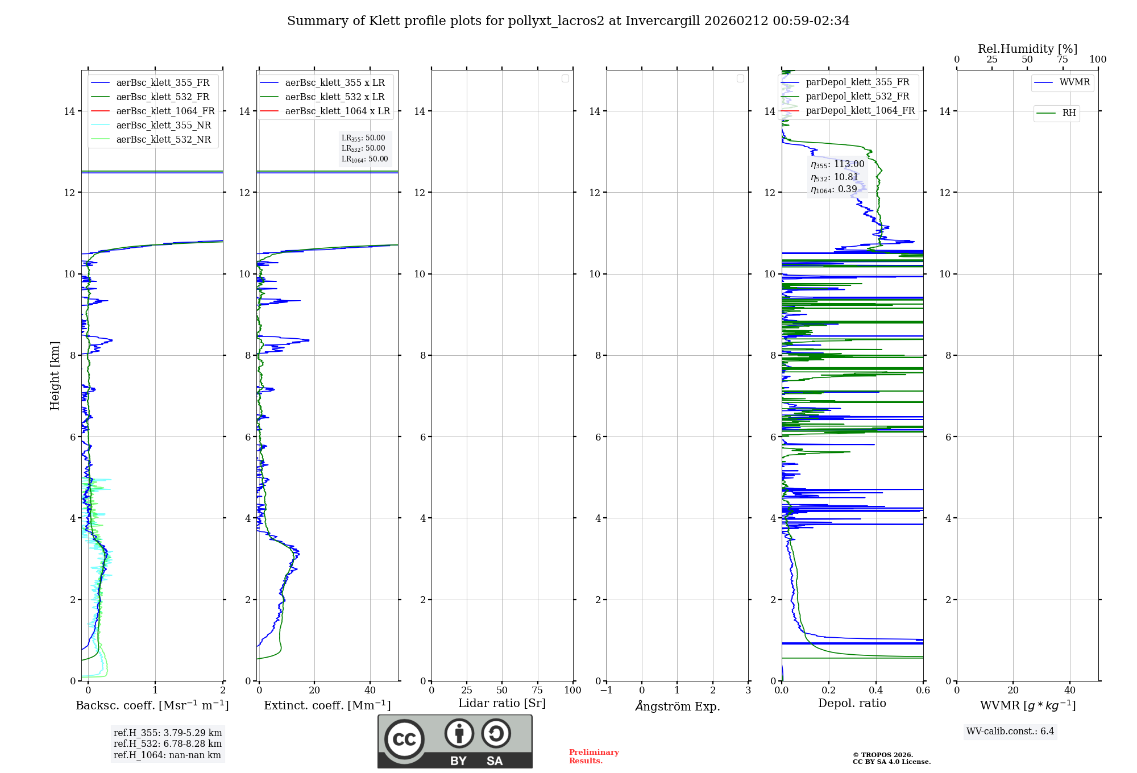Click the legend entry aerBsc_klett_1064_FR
[x=165, y=111]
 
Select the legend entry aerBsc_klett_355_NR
[x=163, y=126]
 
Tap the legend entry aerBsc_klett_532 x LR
[x=334, y=97]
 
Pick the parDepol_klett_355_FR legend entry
[x=857, y=82]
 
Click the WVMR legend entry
[x=1074, y=82]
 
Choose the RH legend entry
[x=1069, y=113]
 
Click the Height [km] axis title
[x=55, y=375]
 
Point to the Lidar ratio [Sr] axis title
[x=502, y=703]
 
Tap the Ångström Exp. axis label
[x=677, y=706]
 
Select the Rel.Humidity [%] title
[x=1027, y=49]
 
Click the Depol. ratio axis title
[x=852, y=703]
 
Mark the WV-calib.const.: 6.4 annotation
[x=1010, y=732]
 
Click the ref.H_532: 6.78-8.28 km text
[x=167, y=744]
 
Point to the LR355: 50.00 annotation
[x=363, y=138]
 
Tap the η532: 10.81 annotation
[x=834, y=177]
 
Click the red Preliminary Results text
[x=594, y=757]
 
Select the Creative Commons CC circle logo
[x=404, y=739]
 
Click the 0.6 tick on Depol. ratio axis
[x=923, y=691]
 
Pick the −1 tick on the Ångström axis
[x=606, y=691]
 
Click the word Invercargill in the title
[x=663, y=21]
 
